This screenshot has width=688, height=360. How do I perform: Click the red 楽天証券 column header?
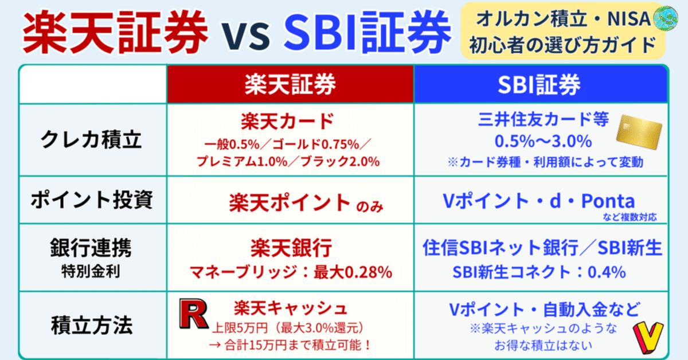(x=290, y=84)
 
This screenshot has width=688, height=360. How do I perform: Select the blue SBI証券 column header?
(x=540, y=84)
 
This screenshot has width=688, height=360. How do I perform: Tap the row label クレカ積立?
(x=92, y=140)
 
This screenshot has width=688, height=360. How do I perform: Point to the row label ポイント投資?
(x=92, y=201)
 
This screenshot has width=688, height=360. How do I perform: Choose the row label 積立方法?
(x=92, y=325)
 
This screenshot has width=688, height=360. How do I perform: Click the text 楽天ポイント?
(x=289, y=202)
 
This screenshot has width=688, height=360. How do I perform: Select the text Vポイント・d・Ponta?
(x=538, y=201)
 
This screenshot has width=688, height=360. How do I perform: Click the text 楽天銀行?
(x=291, y=249)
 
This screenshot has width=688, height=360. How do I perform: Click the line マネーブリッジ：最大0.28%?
(x=291, y=272)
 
